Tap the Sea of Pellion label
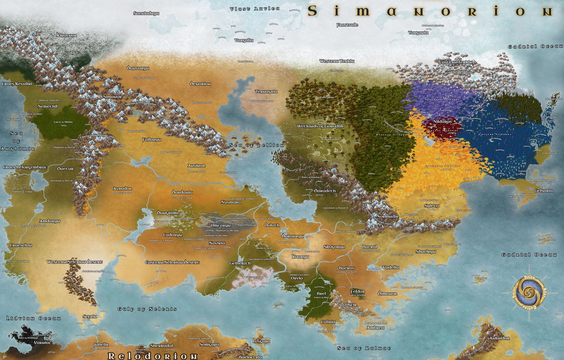point(257,145)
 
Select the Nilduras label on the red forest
point(442,122)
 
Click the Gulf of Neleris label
point(147,309)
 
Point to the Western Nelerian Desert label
point(75,262)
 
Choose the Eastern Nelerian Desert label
point(172,262)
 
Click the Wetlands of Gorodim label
point(320,126)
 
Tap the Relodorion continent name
point(153,356)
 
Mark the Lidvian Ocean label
point(34,318)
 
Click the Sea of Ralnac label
point(364,348)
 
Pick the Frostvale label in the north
point(347,25)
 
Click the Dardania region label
point(182,192)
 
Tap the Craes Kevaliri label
point(17,84)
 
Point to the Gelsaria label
point(543,190)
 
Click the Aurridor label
point(499,338)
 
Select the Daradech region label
point(325,191)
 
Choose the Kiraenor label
point(67,35)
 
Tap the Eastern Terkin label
point(455,62)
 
